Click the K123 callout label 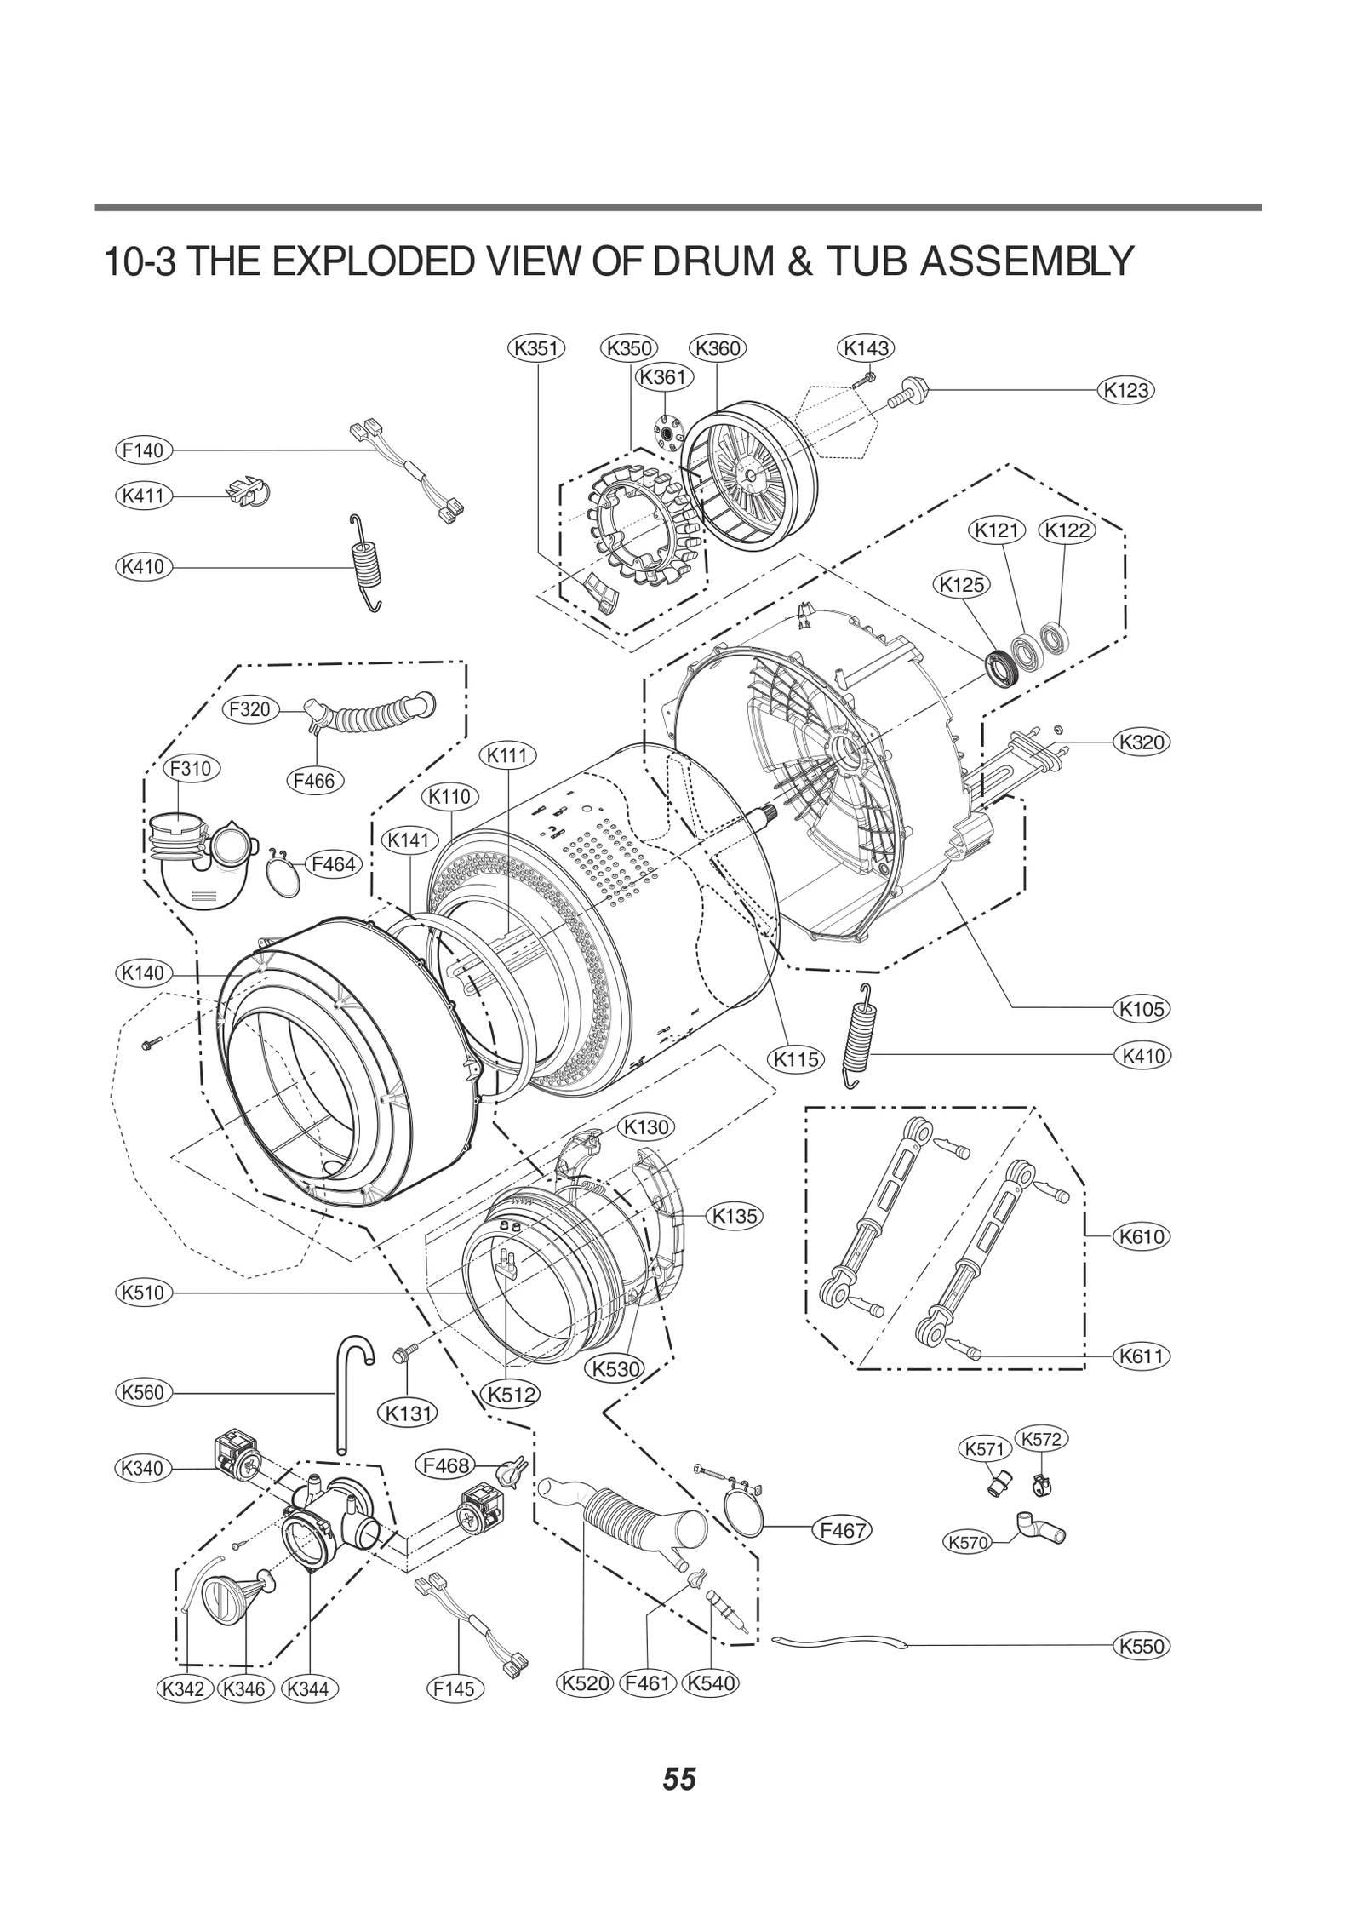[x=1125, y=391]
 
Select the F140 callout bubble [x=143, y=450]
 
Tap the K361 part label [x=664, y=376]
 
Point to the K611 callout [x=1141, y=1356]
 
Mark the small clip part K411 [x=245, y=492]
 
